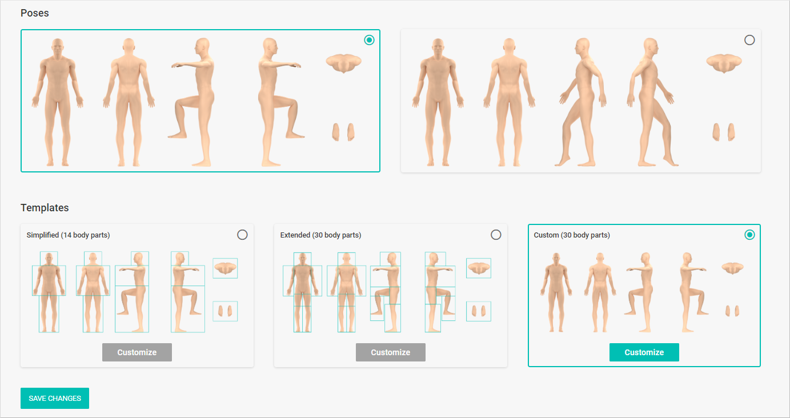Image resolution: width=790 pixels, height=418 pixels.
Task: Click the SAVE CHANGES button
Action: tap(55, 398)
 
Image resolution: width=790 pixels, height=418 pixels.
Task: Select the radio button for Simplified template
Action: tap(242, 235)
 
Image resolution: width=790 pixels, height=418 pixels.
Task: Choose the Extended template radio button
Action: tap(496, 235)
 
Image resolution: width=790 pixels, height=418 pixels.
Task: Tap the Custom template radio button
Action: tap(749, 235)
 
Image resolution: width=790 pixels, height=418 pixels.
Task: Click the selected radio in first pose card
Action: tap(369, 40)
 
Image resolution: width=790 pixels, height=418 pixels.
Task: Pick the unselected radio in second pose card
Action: tap(749, 40)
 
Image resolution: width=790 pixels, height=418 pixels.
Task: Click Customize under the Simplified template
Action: tap(137, 352)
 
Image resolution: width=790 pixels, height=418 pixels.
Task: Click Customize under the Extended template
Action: tap(390, 352)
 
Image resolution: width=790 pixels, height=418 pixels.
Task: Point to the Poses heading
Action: tap(35, 13)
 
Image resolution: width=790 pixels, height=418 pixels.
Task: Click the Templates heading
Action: tap(45, 208)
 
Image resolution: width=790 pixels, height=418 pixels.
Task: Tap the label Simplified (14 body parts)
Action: tap(68, 235)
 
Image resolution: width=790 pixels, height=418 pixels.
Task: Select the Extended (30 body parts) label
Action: tap(320, 235)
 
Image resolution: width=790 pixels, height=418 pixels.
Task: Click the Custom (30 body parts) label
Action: tap(572, 235)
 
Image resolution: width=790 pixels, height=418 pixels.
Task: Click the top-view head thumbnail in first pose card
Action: tap(343, 63)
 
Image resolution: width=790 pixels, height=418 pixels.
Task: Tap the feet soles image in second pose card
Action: tap(724, 132)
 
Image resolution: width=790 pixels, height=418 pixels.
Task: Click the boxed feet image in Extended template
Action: tap(479, 311)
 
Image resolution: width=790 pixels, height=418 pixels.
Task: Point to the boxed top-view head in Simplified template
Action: tap(225, 268)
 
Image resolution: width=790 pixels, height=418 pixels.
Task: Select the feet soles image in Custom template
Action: tap(732, 311)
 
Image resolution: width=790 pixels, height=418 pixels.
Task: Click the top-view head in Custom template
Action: tap(732, 268)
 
